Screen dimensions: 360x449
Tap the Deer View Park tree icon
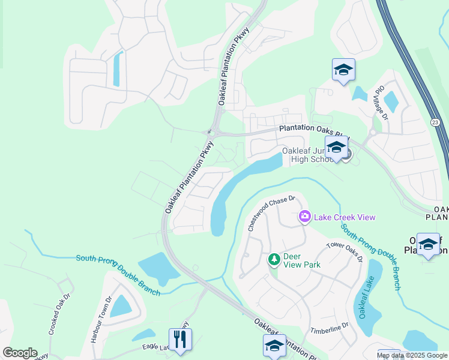[274, 259]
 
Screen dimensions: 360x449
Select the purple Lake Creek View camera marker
[305, 217]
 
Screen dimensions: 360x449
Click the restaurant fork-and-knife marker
[180, 339]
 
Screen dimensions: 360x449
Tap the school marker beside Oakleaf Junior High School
[336, 147]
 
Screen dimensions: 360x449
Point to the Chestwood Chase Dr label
[273, 213]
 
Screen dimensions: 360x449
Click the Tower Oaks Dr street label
[345, 251]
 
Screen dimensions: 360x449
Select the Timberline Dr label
[330, 329]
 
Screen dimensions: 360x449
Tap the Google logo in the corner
[20, 353]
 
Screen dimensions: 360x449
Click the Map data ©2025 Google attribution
[412, 355]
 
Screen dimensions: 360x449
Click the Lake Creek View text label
[342, 217]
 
